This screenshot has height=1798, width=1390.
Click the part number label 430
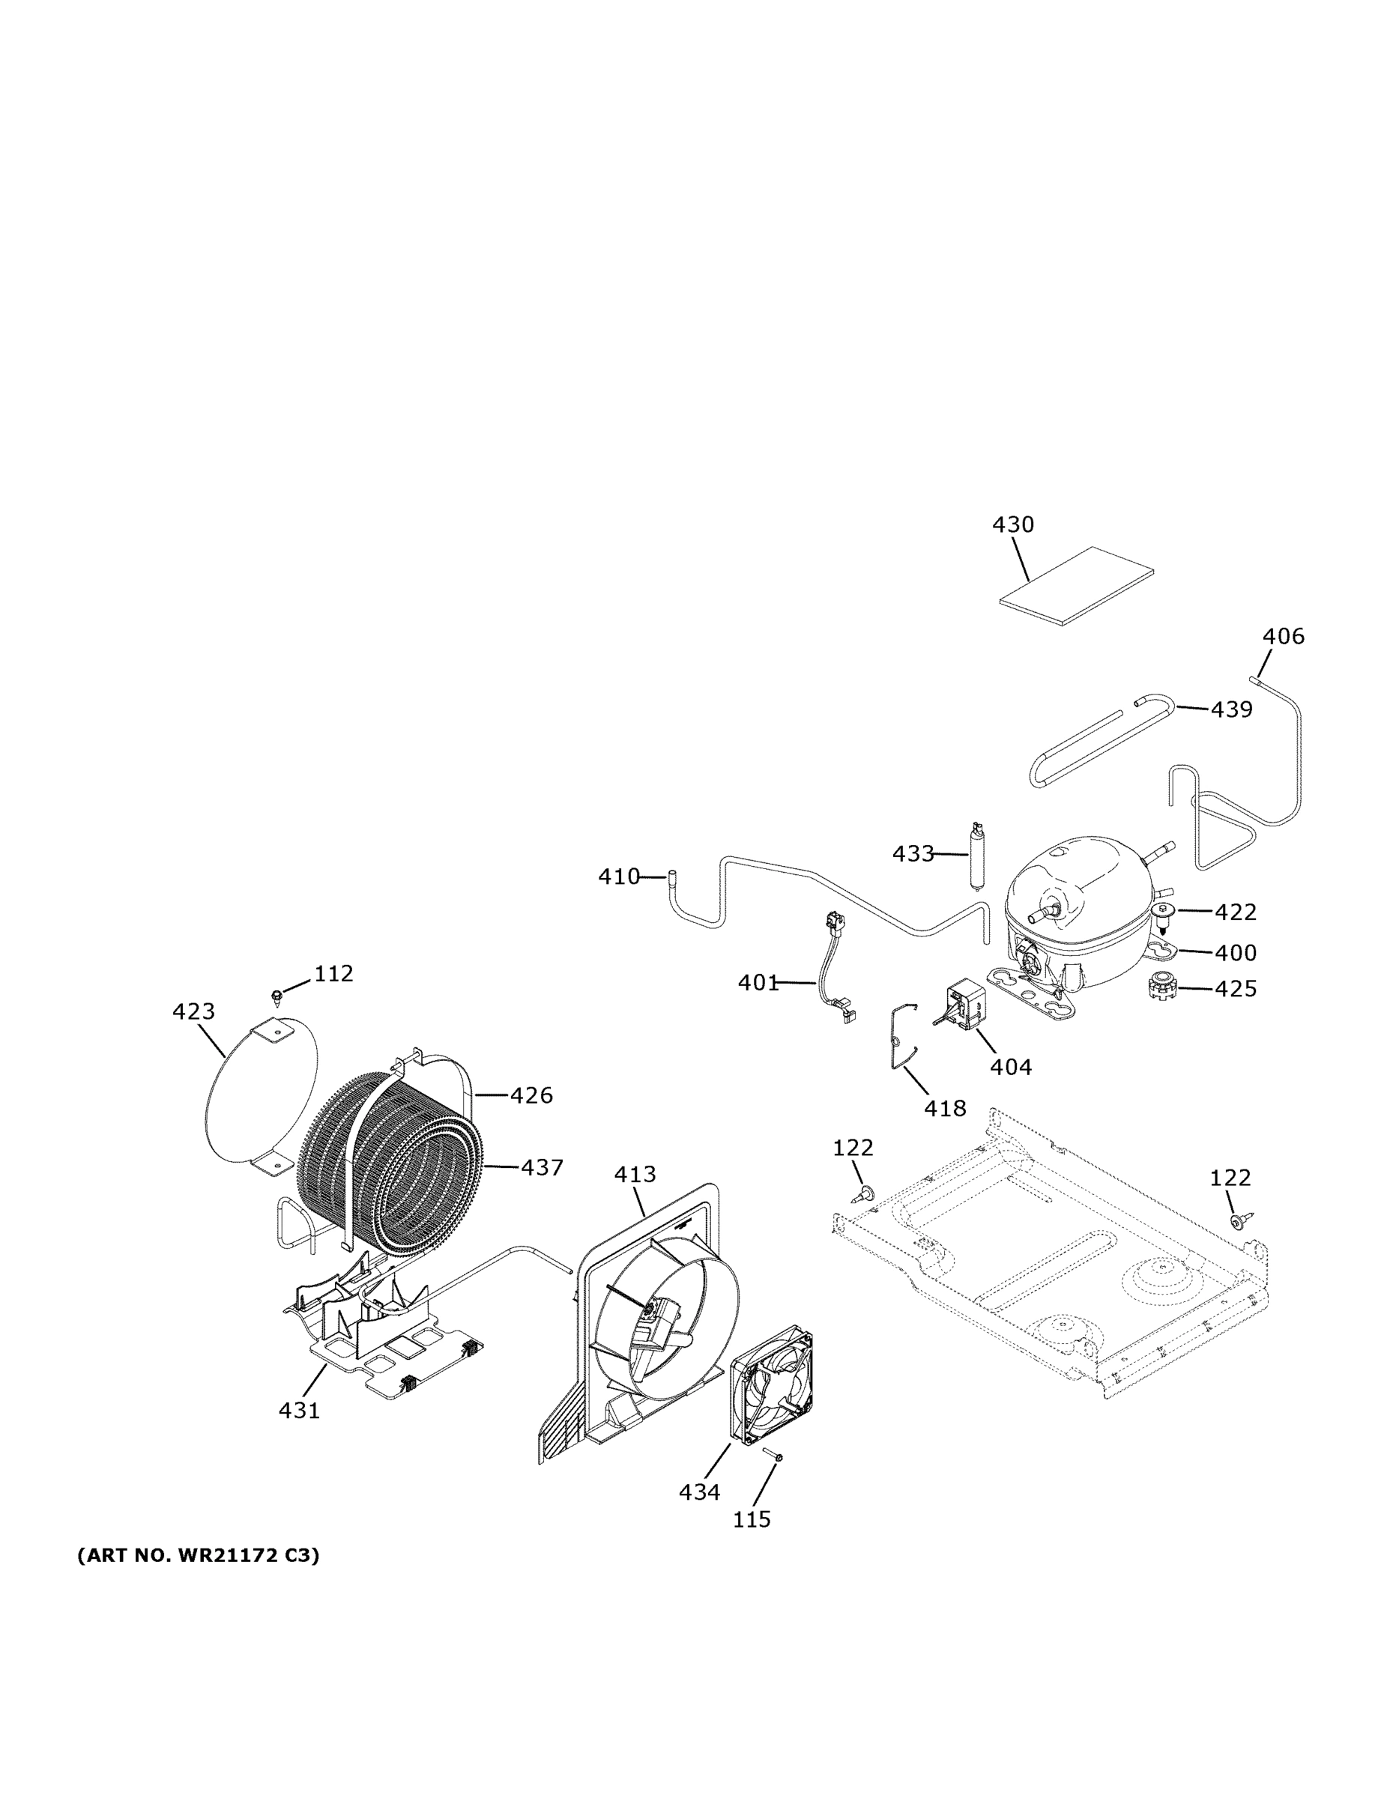tap(1013, 524)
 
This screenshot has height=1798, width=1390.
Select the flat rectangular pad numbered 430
tap(1077, 585)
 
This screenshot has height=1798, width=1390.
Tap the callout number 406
tap(1284, 636)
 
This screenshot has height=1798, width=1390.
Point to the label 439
tap(1231, 709)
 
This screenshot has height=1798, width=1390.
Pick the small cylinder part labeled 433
tap(979, 856)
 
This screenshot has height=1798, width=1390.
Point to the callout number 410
tap(618, 877)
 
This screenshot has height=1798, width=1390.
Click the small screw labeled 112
tap(277, 997)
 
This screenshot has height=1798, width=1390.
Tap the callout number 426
tap(531, 1095)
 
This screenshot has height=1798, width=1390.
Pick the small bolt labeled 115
tap(774, 1456)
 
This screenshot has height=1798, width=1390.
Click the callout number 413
tap(635, 1174)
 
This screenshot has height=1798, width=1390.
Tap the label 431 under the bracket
tap(299, 1410)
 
